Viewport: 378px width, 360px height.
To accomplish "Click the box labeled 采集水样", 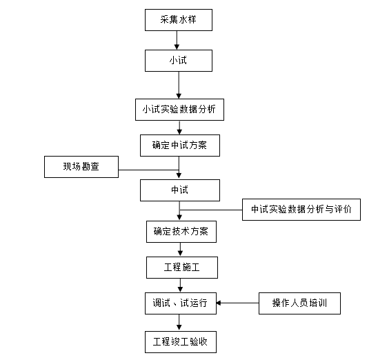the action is pos(179,20).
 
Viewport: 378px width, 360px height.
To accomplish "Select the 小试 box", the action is pos(179,61).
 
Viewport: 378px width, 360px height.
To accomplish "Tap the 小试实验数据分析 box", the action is pos(179,110).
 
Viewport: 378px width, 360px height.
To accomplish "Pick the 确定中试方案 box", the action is pos(180,146).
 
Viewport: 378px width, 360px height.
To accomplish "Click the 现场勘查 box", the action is pos(81,167).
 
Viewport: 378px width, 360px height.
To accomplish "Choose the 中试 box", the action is pos(180,190).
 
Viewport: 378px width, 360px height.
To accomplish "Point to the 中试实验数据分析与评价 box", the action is pos(301,210).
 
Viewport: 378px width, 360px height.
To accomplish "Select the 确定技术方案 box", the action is pos(181,232).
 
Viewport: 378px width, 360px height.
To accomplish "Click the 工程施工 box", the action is pos(182,268).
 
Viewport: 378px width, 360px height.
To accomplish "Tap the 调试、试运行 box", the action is pos(181,303).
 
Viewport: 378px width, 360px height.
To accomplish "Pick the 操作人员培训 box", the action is pos(299,303).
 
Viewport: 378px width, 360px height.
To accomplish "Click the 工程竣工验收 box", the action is pos(181,342).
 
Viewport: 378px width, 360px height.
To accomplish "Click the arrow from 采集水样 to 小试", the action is pos(177,40).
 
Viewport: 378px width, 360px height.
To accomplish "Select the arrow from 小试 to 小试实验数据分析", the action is pos(179,85).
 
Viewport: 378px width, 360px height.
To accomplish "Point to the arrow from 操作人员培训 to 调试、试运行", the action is pos(237,303).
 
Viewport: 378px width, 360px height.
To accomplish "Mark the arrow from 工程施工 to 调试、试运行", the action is pos(180,286).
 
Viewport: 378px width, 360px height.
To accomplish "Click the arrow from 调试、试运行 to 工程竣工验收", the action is pos(179,323).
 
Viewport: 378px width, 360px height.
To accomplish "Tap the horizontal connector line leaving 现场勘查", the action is pos(148,170).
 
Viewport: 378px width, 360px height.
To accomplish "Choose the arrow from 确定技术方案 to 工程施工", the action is pos(180,250).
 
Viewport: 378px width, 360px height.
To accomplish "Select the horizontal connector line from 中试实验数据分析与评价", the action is pos(211,210).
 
